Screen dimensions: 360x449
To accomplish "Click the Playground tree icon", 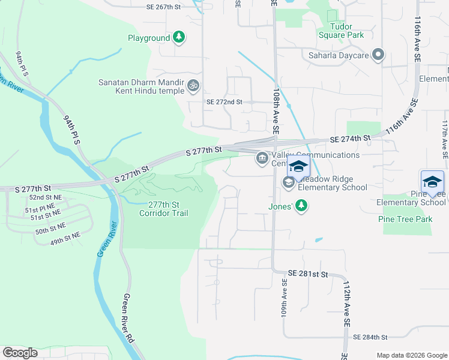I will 179,38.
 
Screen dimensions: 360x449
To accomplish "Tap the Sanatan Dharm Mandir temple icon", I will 193,86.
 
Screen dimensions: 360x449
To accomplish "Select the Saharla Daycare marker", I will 378,56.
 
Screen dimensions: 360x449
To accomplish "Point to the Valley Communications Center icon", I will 262,158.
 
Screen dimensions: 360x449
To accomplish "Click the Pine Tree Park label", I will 406,220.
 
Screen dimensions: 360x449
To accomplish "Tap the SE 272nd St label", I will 224,102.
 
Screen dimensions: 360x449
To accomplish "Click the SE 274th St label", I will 351,139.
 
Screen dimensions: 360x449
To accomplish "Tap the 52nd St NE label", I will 46,197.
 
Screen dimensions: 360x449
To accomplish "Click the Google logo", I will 20,352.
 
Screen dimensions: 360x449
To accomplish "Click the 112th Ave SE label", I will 346,307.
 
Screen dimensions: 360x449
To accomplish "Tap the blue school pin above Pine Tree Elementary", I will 432,182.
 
